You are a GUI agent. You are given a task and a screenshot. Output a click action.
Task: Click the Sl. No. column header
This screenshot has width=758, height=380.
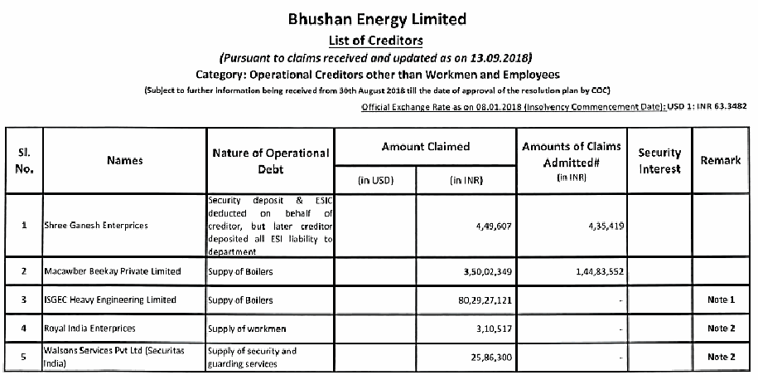[x=26, y=161]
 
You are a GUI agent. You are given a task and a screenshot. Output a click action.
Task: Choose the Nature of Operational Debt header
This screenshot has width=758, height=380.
[x=270, y=161]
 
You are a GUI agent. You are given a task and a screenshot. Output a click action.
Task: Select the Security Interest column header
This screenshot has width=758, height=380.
[x=659, y=161]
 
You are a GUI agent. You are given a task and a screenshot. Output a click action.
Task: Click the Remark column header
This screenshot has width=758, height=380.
[x=721, y=160]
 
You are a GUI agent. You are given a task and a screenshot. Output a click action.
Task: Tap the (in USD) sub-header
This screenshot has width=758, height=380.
[x=375, y=180]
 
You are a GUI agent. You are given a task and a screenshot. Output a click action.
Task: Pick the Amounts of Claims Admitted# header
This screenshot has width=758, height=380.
[x=572, y=154]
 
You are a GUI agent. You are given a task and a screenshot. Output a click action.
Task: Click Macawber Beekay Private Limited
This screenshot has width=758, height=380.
[x=112, y=271]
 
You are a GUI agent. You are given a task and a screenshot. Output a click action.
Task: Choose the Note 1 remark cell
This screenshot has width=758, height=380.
[x=721, y=300]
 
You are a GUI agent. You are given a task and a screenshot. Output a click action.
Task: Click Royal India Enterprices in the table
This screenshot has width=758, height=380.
[x=91, y=329]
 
